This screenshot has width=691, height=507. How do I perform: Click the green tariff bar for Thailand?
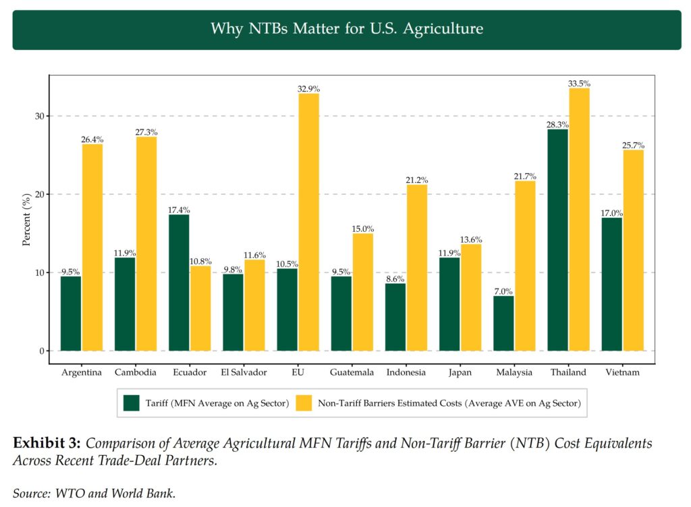557,240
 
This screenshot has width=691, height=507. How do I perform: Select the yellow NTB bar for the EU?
309,222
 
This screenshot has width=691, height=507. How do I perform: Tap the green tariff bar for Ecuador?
179,283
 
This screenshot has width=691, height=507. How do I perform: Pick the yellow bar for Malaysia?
525,266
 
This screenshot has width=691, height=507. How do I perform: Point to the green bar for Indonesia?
395,317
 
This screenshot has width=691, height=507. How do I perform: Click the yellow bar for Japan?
471,297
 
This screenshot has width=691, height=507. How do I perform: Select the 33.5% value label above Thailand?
579,84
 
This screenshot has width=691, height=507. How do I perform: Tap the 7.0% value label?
503,292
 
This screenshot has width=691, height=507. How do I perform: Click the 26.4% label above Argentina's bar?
92,140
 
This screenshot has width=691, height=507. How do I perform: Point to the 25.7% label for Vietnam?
633,145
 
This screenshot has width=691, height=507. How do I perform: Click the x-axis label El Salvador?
244,372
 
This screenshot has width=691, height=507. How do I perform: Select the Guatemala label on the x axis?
352,372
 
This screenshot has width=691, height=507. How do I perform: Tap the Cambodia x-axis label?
136,372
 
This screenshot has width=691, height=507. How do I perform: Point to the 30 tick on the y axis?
40,116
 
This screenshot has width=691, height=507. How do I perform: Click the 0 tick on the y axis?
42,351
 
